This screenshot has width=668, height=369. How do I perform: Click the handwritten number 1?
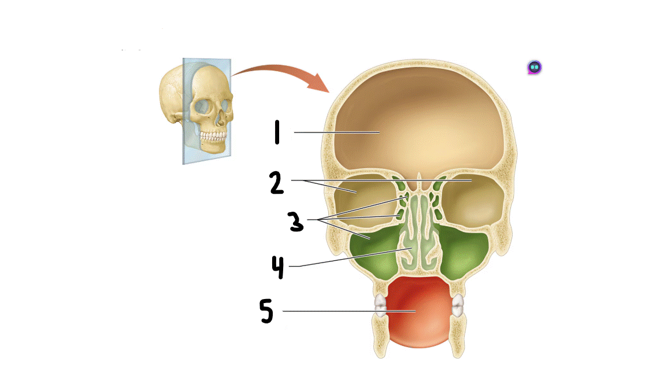pyautogui.click(x=277, y=132)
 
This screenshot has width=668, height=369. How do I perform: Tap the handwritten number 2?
pyautogui.click(x=276, y=183)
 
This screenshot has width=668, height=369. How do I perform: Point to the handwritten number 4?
pyautogui.click(x=278, y=267)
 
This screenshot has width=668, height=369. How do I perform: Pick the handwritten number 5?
pyautogui.click(x=266, y=312)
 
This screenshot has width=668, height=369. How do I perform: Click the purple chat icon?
pyautogui.click(x=535, y=68)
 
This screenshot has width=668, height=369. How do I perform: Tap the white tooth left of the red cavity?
pyautogui.click(x=380, y=305)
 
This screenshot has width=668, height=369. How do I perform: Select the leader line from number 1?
pyautogui.click(x=335, y=132)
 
